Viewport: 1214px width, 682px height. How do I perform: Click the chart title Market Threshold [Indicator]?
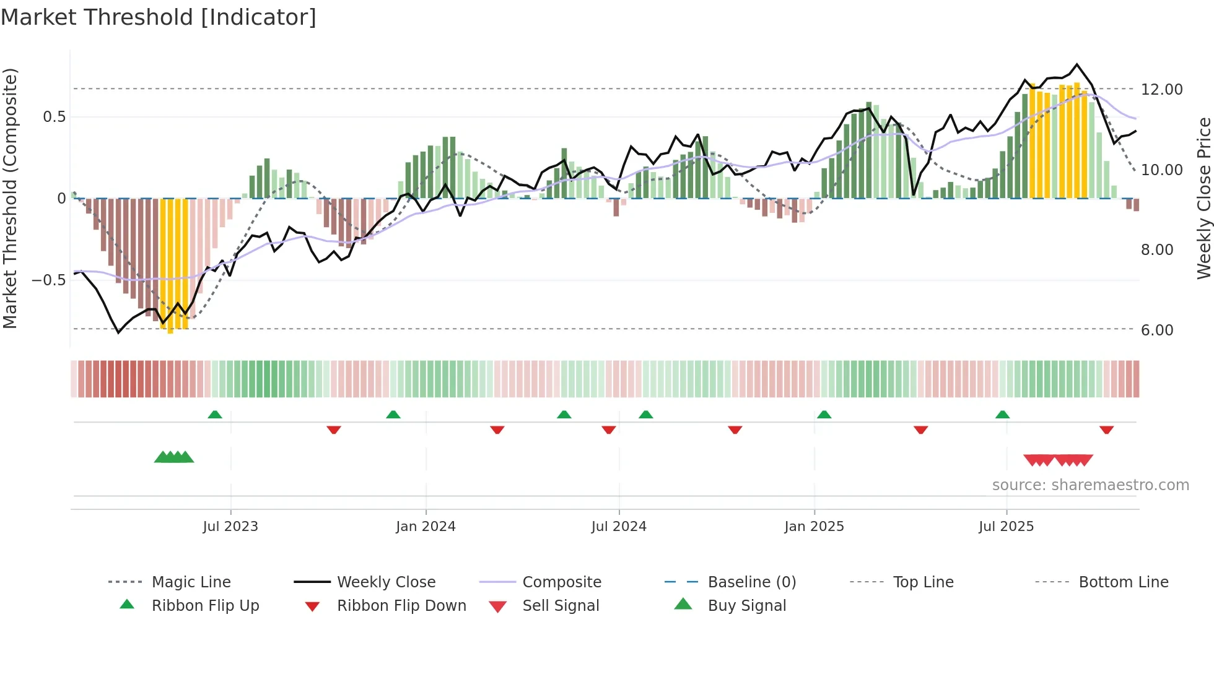coord(159,17)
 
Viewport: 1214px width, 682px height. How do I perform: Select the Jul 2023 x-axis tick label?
coord(230,527)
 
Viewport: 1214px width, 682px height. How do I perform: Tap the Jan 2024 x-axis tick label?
coord(426,527)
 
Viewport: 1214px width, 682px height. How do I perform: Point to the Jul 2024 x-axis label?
coord(619,527)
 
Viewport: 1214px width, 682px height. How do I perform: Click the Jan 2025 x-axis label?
coord(814,527)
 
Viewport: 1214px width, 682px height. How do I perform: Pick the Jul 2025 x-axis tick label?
coord(1007,527)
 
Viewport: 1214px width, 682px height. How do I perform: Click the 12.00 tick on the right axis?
coord(1162,90)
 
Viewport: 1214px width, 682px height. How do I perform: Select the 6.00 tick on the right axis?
coord(1157,330)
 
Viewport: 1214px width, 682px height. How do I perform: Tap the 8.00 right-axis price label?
coord(1157,250)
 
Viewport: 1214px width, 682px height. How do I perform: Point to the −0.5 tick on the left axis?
coord(49,280)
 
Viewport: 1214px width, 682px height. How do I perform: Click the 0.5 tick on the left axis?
coord(54,117)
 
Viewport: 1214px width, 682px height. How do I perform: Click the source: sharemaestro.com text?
coord(1090,485)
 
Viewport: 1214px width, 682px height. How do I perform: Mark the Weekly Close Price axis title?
coord(1203,198)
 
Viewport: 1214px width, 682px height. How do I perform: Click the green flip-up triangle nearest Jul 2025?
coord(1002,415)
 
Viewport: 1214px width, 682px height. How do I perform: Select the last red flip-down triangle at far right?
coord(1107,429)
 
